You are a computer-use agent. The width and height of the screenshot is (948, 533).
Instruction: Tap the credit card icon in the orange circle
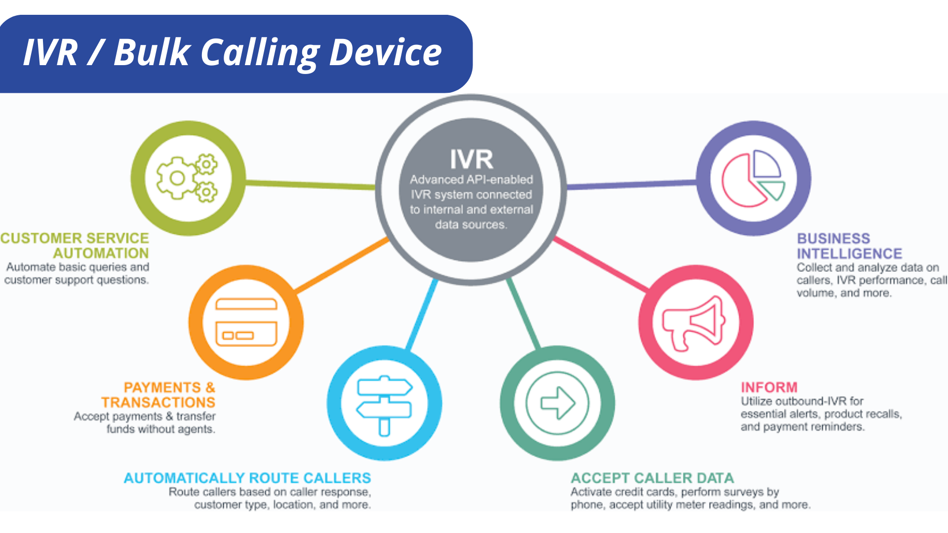coord(246,322)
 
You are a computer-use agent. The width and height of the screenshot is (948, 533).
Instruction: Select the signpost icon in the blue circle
coord(384,404)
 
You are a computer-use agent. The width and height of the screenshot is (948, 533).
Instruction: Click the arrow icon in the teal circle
coord(557,403)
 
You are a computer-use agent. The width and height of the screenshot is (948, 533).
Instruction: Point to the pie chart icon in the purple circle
coord(753,178)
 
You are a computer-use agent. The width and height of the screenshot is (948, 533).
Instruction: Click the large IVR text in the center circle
coord(472,159)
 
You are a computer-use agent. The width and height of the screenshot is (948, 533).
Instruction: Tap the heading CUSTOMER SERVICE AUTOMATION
coord(75,245)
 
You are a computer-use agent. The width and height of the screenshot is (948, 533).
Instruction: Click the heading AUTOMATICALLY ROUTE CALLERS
coord(247,478)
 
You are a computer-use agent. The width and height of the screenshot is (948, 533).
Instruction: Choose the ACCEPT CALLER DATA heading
coord(652,478)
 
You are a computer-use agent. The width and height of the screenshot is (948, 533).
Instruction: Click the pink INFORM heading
coord(769,387)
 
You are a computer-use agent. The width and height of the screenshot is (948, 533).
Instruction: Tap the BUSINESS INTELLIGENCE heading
coord(849,246)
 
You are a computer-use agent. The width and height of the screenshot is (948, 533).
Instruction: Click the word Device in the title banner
coord(385,52)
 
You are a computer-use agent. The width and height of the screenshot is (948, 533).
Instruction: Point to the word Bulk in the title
coord(152,52)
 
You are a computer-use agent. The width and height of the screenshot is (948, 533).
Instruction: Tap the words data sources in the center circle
coord(471,225)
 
